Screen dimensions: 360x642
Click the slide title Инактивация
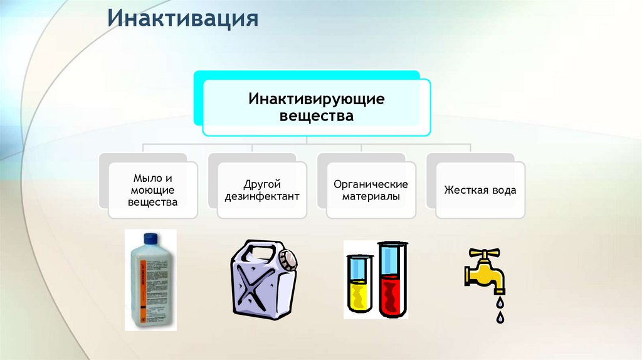coord(182,18)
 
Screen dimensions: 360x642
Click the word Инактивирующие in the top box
coord(316,99)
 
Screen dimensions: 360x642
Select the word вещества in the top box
coord(316,116)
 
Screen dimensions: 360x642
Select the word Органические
coord(371,184)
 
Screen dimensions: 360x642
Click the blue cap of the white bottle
coord(151,238)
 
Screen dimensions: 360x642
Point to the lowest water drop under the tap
coord(499,318)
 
